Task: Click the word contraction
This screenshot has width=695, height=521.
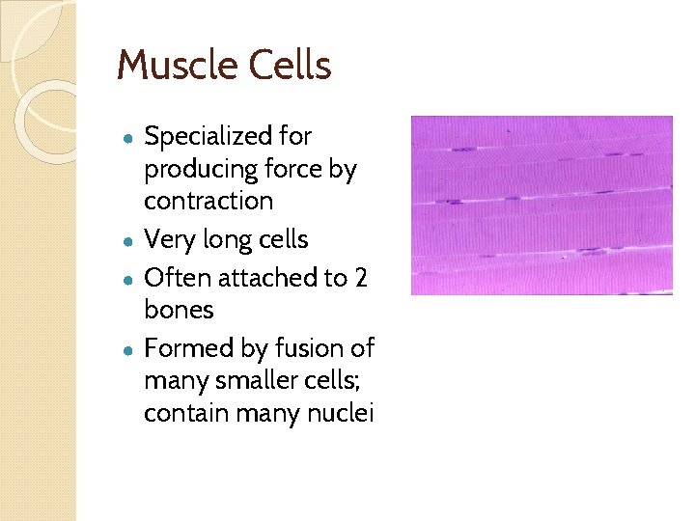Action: (x=208, y=202)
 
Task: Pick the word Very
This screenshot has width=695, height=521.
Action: (x=168, y=239)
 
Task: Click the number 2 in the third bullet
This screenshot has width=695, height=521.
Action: (x=361, y=278)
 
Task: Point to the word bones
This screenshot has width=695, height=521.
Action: (x=179, y=310)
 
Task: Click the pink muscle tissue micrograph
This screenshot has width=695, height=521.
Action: (x=541, y=206)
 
